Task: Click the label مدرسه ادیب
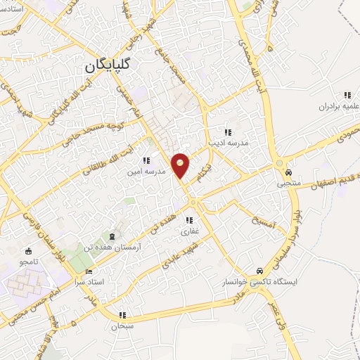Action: (228, 142)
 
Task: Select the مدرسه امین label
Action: (146, 171)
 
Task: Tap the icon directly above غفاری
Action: (189, 220)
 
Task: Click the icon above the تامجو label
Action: (28, 251)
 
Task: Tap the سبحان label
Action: (122, 326)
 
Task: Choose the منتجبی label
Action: (288, 184)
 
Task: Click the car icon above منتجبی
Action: (288, 172)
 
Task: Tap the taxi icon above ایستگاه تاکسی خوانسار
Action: (259, 271)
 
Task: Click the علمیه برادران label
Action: (325, 106)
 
